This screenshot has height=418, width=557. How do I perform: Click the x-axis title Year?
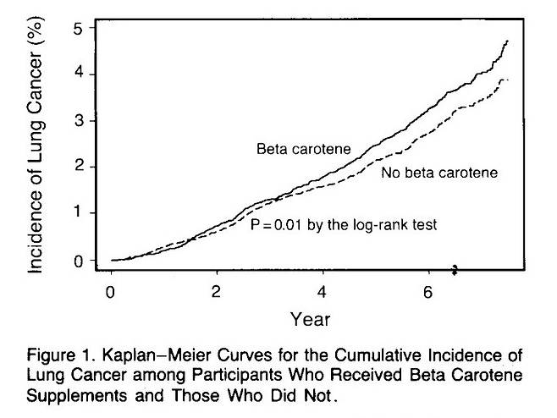pos(310,320)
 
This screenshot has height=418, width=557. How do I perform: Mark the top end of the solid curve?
pos(507,41)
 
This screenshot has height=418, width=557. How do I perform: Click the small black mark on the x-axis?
pos(455,270)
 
